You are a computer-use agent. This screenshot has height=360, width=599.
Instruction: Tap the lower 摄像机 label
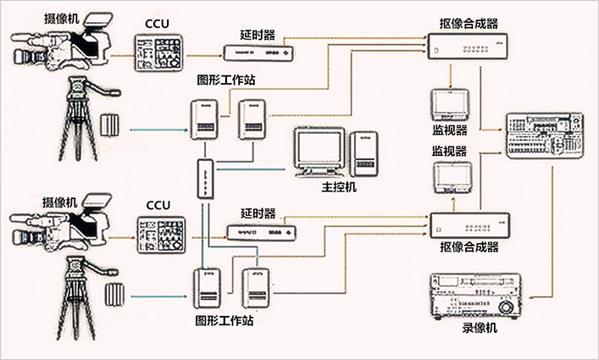[64, 202]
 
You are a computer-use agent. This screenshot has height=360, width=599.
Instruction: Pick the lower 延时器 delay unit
[259, 232]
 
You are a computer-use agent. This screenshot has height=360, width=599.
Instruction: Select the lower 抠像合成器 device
[469, 225]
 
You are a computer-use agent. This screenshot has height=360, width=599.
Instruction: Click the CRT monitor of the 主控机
[320, 151]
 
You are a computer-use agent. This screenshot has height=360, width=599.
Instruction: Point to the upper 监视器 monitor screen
[450, 104]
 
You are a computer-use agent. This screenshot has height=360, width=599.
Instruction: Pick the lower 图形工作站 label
[224, 321]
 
